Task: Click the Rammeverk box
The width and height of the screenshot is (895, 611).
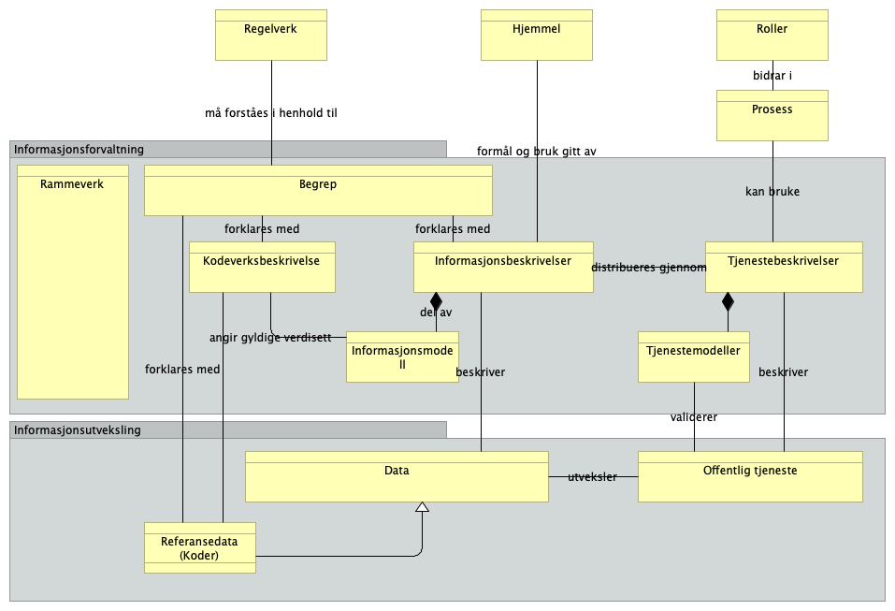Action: (72, 282)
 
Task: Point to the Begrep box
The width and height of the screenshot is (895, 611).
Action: (317, 191)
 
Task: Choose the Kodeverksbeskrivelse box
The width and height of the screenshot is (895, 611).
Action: (261, 268)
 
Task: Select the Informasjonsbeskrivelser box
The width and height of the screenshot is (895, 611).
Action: (502, 268)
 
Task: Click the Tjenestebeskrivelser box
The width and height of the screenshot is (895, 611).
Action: (783, 268)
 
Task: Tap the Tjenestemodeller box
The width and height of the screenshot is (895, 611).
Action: (693, 356)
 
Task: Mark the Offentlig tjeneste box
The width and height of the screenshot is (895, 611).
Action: (749, 477)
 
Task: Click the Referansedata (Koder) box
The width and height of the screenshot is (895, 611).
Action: (199, 548)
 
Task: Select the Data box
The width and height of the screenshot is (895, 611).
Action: (397, 477)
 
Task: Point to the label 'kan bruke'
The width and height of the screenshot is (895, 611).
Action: (772, 192)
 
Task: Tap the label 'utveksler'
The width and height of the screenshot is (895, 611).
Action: (592, 477)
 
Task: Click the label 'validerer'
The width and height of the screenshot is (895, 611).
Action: (694, 417)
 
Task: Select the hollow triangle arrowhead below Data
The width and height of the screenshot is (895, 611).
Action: (422, 507)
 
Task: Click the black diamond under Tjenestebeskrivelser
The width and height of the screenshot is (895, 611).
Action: (728, 301)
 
